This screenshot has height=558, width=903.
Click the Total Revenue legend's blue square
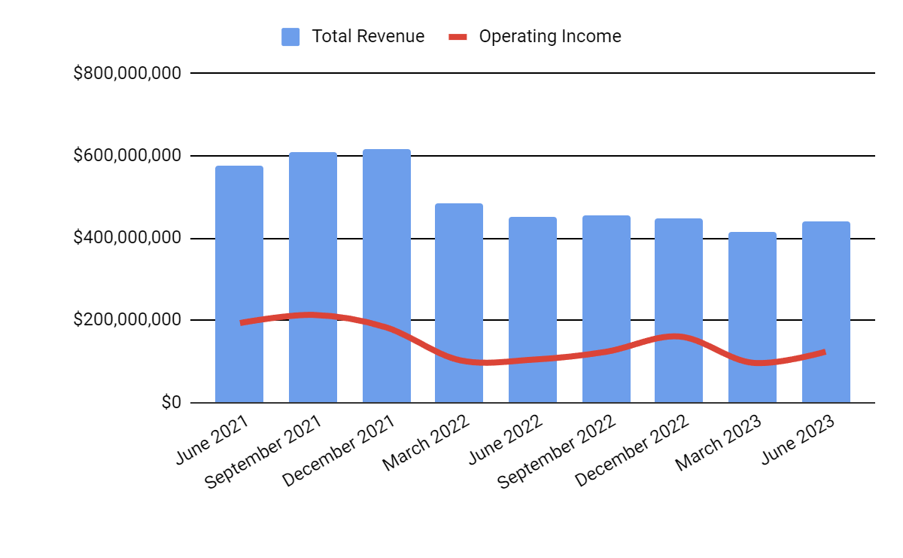coord(290,37)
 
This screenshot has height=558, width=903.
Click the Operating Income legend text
coord(550,37)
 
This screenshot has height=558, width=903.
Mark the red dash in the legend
coord(458,37)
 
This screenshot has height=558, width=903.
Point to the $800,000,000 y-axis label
coord(127,74)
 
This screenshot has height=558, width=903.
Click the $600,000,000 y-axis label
coord(127,156)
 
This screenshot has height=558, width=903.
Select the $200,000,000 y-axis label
coord(127,320)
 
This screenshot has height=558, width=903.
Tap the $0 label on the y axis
coord(171,403)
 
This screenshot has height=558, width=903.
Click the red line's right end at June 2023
coord(825,352)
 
